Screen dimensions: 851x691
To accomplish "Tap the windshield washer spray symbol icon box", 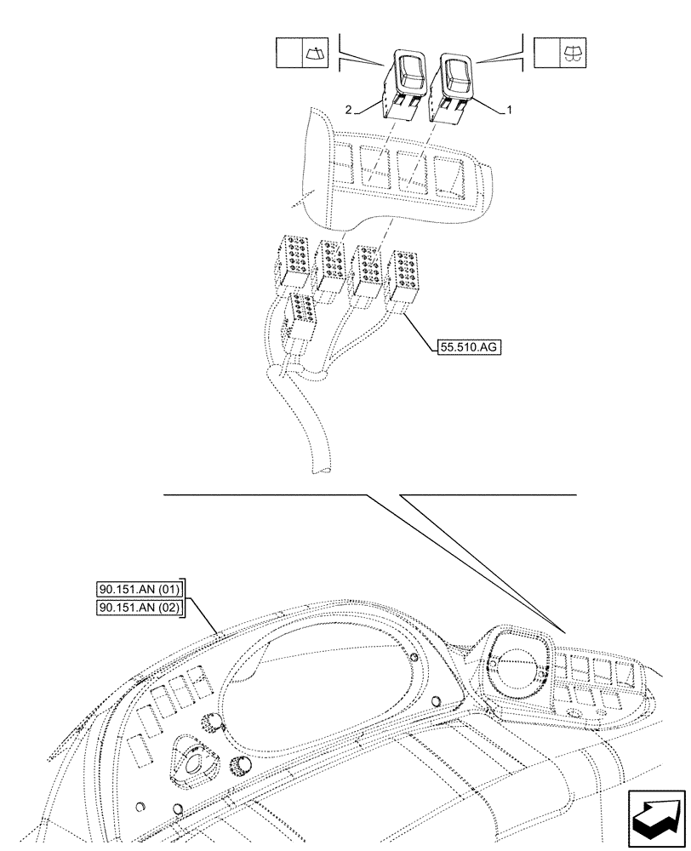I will [x=558, y=53].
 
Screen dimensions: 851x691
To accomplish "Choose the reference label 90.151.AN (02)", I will [x=140, y=608].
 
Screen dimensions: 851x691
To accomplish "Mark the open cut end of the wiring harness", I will [x=323, y=469].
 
